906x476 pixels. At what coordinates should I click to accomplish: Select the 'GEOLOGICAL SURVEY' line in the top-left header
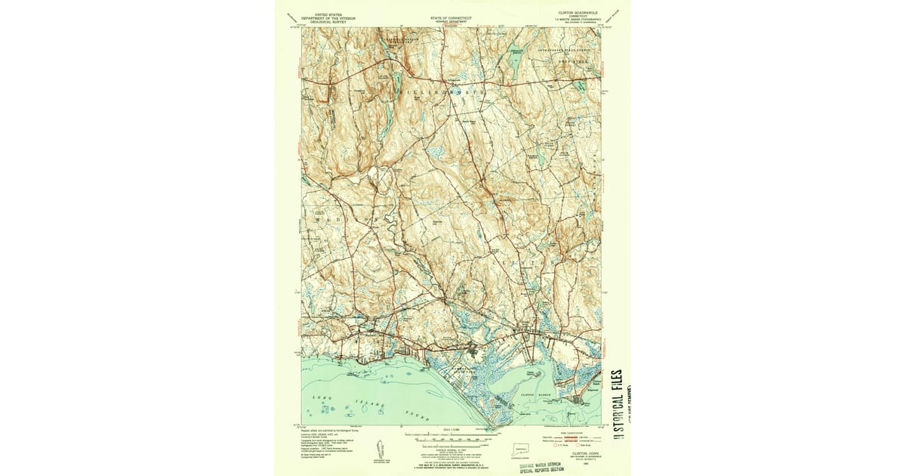326,23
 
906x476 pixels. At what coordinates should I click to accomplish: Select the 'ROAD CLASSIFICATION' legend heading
570,432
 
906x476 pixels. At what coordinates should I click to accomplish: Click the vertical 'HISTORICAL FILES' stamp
617,408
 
